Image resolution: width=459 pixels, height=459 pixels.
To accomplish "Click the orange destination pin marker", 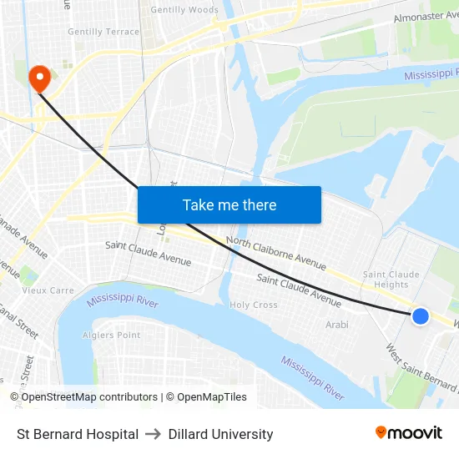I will [39, 78].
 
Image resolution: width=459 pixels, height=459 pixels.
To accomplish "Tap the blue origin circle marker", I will [421, 315].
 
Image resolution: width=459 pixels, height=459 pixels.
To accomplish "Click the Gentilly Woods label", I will [184, 11].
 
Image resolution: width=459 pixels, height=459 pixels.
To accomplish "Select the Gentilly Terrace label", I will [103, 32].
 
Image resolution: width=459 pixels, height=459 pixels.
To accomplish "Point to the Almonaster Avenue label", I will [427, 17].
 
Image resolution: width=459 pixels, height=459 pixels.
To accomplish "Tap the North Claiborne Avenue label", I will [276, 253].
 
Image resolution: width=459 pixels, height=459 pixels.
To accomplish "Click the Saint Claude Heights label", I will [391, 280].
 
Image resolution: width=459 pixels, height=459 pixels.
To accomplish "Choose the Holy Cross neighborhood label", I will [254, 305].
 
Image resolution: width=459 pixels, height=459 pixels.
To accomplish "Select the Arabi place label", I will [337, 325].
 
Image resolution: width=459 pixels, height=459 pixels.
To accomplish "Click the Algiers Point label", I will [112, 335].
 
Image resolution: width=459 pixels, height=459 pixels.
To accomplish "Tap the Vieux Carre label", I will [48, 291].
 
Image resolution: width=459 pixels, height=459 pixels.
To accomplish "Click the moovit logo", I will [409, 433].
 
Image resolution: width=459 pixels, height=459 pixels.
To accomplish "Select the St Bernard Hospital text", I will [78, 434].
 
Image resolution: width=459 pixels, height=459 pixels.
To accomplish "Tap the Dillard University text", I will [220, 434].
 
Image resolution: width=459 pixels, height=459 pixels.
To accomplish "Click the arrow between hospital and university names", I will [154, 434].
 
